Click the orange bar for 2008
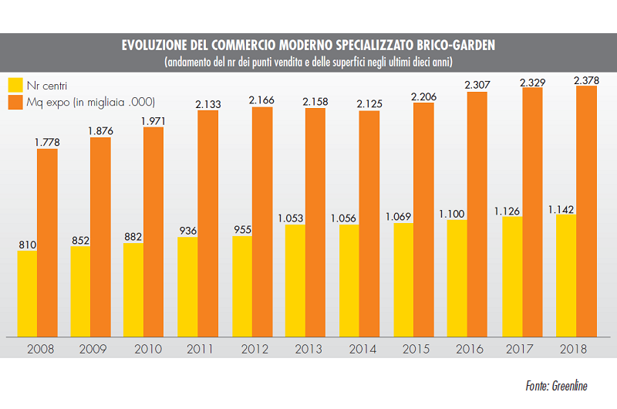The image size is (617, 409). (x=48, y=241)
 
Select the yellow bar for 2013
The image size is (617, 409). (x=295, y=281)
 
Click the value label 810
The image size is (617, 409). (x=27, y=245)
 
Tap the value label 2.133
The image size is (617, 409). (x=208, y=104)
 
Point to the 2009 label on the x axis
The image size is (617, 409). (x=92, y=349)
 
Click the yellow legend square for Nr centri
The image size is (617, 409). (x=14, y=83)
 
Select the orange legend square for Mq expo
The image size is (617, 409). (x=14, y=102)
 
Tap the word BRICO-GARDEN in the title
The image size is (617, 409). (x=455, y=46)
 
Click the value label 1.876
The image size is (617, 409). (x=100, y=130)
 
